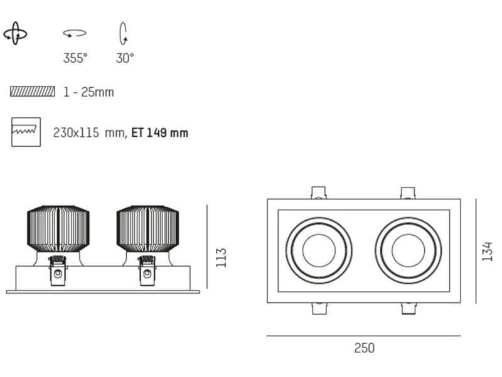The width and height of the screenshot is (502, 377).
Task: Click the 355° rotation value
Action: click(75, 58)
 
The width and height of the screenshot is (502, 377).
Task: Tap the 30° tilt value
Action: click(125, 58)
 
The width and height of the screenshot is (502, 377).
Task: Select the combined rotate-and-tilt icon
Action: click(15, 33)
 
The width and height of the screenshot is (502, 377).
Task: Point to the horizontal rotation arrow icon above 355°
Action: click(75, 33)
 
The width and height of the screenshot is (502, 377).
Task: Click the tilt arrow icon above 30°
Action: click(123, 33)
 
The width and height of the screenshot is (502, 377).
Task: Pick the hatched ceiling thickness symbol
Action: click(33, 92)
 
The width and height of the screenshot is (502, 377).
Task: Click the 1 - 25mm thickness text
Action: click(88, 92)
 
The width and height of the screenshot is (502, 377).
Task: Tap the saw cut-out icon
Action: click(26, 132)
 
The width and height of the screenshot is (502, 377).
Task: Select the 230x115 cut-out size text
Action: click(89, 133)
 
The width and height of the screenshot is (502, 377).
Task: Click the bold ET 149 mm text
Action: click(160, 133)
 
